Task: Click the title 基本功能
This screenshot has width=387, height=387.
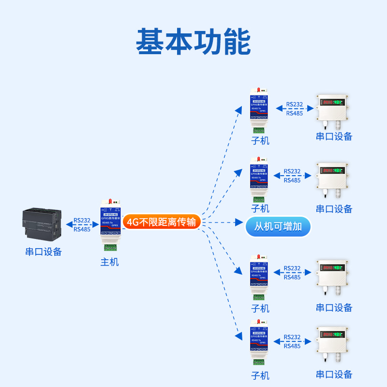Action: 193,41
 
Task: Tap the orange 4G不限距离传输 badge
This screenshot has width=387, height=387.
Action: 161,222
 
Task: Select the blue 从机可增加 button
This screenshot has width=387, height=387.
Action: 278,226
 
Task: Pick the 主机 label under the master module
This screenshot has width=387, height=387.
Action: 109,262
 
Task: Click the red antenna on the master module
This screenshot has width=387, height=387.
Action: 110,201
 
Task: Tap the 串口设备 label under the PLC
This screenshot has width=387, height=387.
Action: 44,252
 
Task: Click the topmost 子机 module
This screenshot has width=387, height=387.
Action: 260,110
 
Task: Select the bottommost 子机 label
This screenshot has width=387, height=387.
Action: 260,375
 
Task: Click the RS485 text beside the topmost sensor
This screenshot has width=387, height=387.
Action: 294,113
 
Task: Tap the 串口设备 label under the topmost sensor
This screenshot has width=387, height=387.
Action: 334,136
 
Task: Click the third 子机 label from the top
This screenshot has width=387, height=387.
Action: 260,308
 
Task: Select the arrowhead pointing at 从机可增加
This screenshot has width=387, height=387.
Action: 238,223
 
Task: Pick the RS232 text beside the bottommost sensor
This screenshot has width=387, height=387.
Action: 292,338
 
